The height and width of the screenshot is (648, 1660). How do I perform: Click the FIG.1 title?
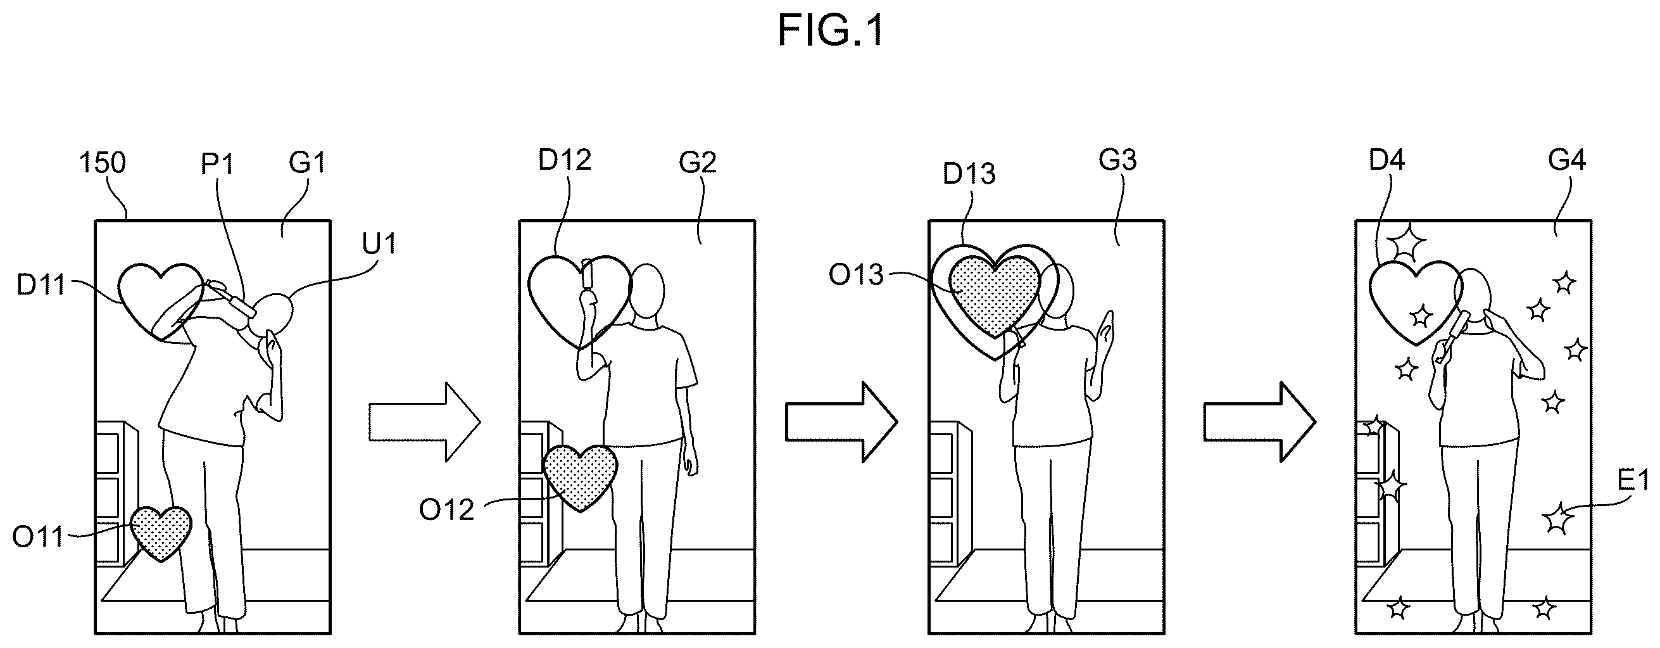click(830, 31)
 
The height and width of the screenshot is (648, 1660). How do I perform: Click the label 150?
click(103, 163)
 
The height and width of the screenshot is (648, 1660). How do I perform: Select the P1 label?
click(217, 165)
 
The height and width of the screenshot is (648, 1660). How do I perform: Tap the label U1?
click(379, 244)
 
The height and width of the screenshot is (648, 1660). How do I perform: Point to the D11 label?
click(41, 284)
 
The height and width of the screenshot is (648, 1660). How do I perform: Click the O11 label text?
click(38, 537)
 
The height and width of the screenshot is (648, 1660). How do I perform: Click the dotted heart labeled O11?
click(161, 532)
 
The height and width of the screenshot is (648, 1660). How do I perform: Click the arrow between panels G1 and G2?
click(425, 422)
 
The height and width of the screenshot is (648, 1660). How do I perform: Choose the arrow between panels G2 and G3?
click(841, 422)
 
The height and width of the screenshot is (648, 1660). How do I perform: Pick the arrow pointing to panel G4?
click(1259, 422)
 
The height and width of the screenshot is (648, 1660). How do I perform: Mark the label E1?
click(1633, 480)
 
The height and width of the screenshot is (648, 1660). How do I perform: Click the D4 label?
click(1386, 160)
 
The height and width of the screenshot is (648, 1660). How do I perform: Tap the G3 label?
click(1117, 159)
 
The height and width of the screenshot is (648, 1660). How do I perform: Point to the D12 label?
click(565, 160)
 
